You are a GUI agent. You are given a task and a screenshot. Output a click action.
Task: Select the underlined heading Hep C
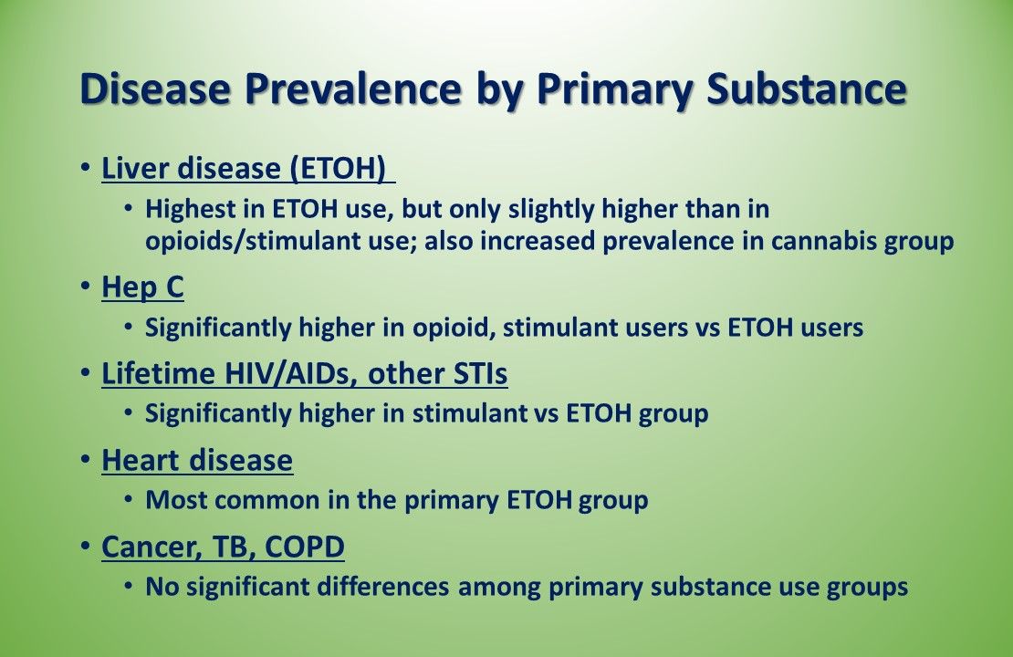point(142,287)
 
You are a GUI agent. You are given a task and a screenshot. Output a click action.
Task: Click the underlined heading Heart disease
point(197,460)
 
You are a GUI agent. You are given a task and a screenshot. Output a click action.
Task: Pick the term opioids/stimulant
point(249,242)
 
